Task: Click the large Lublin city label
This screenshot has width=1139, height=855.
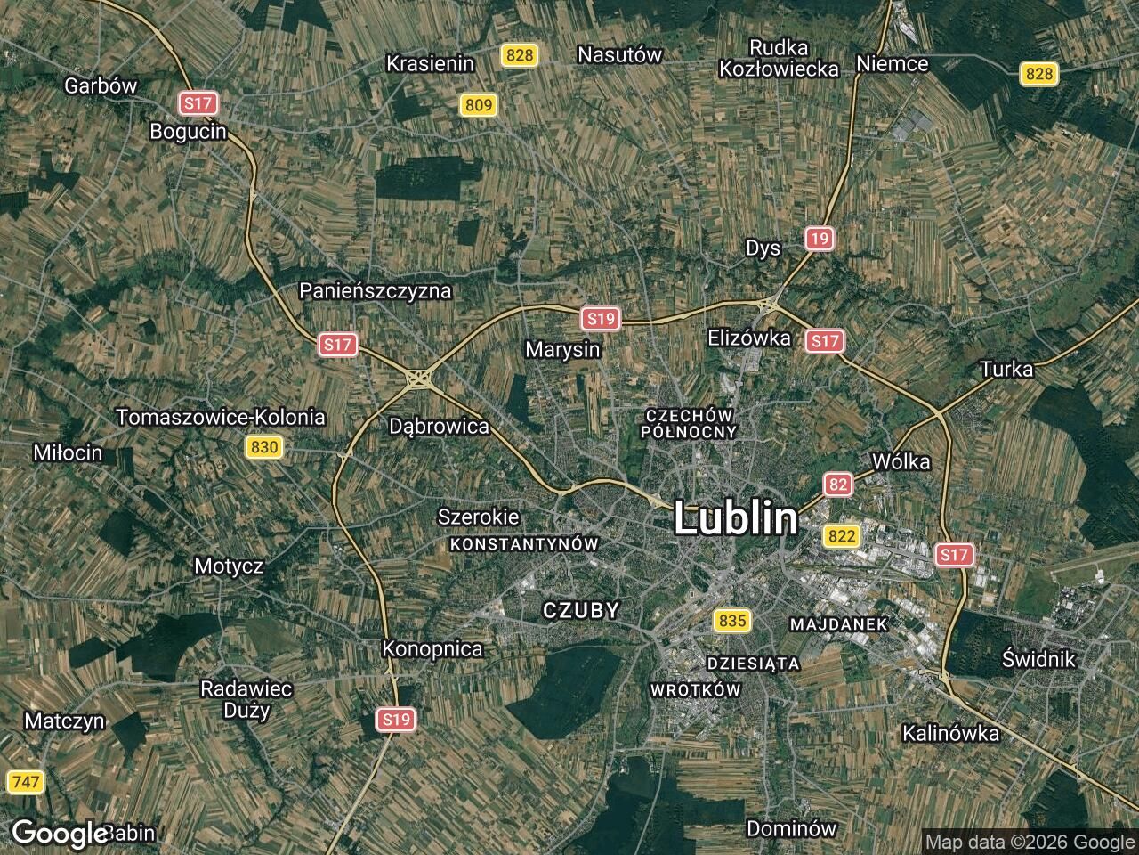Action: click(x=735, y=518)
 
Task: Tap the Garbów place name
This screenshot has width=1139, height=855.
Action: click(x=101, y=85)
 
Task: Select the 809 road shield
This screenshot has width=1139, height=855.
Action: click(x=478, y=106)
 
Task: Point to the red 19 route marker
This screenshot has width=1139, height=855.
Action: click(x=820, y=238)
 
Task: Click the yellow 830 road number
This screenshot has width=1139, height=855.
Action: click(x=264, y=447)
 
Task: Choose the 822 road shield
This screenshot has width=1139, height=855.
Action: click(x=841, y=535)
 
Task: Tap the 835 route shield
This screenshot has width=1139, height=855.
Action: click(x=731, y=620)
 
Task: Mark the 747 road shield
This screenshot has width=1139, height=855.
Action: click(x=25, y=782)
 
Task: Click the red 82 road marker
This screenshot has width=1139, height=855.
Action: click(x=837, y=484)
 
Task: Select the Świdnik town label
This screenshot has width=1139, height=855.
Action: click(x=1038, y=659)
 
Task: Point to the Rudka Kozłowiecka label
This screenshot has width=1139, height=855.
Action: click(x=779, y=58)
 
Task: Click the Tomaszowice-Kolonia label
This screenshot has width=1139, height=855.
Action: click(x=221, y=417)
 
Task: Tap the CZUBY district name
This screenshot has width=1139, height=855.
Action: click(x=580, y=610)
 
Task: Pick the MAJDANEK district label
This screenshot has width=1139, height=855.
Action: click(x=838, y=623)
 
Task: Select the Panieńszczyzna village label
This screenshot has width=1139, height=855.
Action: click(x=375, y=290)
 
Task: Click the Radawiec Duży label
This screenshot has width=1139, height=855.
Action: click(x=246, y=699)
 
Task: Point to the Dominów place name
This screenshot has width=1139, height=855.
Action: click(x=791, y=828)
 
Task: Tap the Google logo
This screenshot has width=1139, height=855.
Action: click(x=59, y=834)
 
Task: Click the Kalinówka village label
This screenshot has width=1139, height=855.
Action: click(x=950, y=734)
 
